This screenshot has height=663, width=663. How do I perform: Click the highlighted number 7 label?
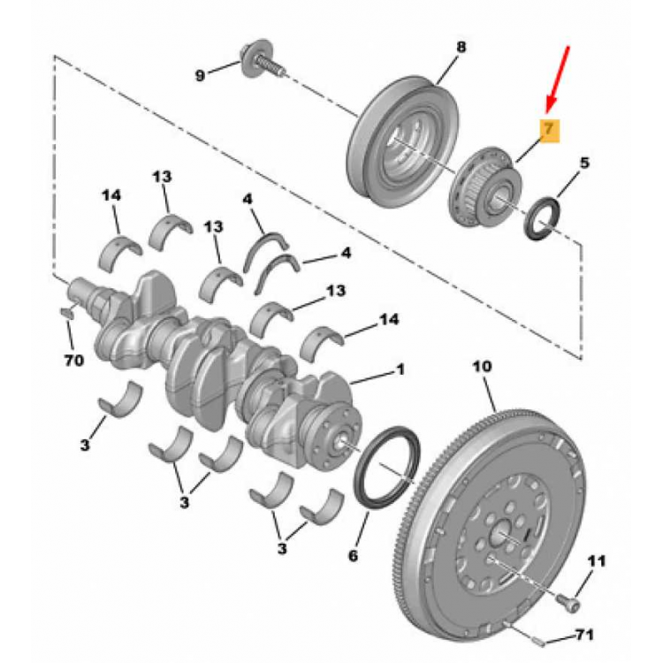pos(549,129)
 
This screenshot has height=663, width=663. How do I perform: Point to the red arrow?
pos(558,79)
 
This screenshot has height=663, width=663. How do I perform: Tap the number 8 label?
pos(461,47)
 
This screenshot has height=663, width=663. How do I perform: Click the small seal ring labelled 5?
pos(542,217)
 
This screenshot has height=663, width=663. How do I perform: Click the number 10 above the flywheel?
pos(483,366)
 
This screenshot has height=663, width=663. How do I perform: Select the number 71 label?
pos(584,634)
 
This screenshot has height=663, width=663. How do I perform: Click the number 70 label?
pos(73,361)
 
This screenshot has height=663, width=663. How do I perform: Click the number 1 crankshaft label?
pos(400,369)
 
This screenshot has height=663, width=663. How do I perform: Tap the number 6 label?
pos(353,555)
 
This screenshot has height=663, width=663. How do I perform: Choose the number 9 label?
pos(200,76)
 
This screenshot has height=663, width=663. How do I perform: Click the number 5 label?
pos(584,163)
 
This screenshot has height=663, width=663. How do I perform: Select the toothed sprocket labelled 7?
pos(484,188)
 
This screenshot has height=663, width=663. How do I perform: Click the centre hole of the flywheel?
pos(501,534)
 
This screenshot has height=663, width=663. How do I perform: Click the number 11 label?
pos(597,561)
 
